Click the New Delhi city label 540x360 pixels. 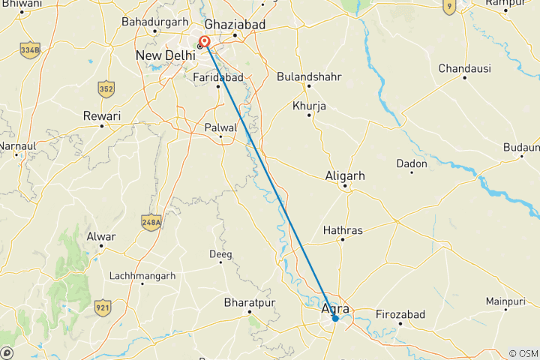point(164,55)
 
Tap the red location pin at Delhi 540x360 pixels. point(204,41)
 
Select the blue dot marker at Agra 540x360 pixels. point(335,318)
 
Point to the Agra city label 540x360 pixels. point(335,307)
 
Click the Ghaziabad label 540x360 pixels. point(235,24)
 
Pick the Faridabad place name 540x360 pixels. point(218,77)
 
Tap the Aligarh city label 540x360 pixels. point(345,175)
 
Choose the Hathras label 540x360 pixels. point(343,230)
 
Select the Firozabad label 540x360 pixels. point(400,313)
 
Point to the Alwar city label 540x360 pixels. point(101,237)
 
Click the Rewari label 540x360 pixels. point(102,115)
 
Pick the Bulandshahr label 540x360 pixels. point(309,76)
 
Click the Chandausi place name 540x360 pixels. point(465,68)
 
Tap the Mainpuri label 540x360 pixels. point(504,301)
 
